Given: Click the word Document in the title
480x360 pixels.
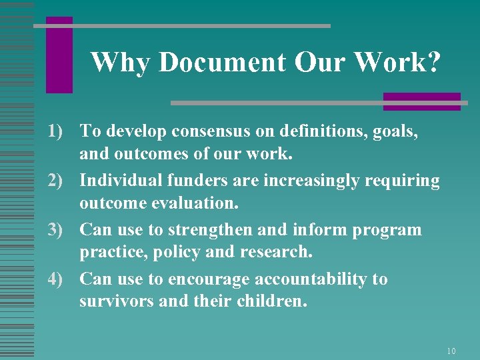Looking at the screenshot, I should (x=223, y=62).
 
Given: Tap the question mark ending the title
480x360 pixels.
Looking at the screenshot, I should (x=433, y=62).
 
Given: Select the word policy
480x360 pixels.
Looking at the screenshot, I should (x=177, y=251).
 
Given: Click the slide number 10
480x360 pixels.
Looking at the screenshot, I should (x=451, y=351).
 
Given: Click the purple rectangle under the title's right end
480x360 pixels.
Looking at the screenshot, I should (x=421, y=101).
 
